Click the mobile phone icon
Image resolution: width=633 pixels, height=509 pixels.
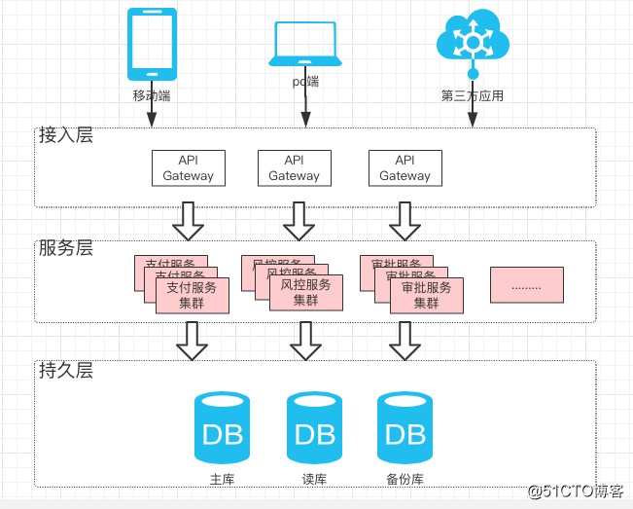[153, 45]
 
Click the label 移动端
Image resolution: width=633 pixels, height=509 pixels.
[152, 96]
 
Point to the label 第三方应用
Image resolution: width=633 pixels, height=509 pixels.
[473, 96]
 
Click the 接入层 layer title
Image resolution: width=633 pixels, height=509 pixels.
[65, 135]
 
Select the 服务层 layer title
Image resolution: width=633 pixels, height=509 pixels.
[65, 247]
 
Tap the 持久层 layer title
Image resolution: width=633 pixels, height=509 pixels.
[65, 370]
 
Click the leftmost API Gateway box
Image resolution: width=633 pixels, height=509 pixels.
[189, 167]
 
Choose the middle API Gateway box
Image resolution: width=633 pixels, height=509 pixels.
[295, 167]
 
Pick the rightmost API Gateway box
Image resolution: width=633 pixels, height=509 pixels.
[405, 167]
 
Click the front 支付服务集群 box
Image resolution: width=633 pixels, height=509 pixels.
[193, 295]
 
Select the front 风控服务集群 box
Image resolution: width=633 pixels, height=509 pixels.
[306, 293]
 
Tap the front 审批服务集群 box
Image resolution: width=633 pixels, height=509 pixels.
[427, 295]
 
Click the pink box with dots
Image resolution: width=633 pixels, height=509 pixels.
[526, 284]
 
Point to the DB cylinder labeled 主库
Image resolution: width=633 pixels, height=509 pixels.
[223, 431]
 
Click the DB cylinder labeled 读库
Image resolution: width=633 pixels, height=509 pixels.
[315, 431]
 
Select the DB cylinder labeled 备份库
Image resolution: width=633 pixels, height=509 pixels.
[404, 431]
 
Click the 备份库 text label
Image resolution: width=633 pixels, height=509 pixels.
[404, 480]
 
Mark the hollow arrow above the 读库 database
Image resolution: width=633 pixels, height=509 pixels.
[305, 341]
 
